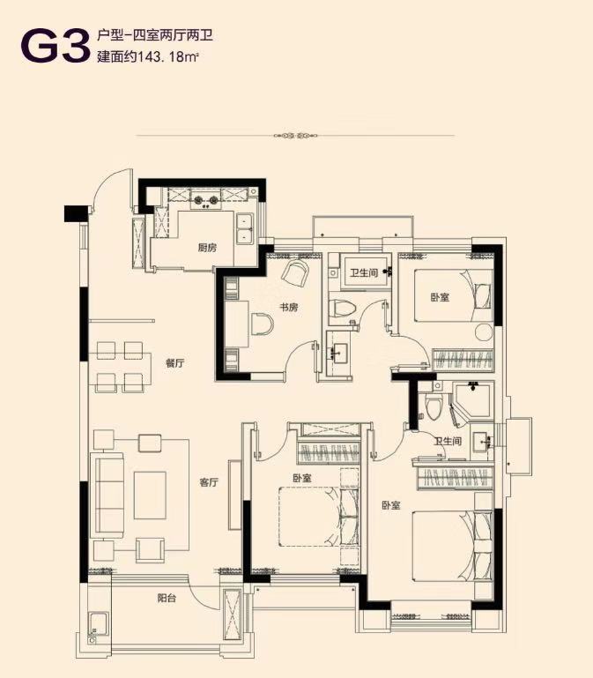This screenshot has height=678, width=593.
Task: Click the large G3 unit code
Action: coord(53,45)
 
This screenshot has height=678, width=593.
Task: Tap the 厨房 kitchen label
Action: coord(207,248)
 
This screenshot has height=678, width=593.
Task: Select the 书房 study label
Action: coord(288,308)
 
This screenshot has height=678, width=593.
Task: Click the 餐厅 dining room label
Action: coord(174,363)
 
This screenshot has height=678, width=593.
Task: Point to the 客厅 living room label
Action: coord(209,482)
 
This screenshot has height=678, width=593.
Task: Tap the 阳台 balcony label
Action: coord(167,599)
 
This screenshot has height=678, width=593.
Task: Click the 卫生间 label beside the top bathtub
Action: coord(364,272)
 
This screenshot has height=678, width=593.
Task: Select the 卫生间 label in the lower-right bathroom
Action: coord(448,442)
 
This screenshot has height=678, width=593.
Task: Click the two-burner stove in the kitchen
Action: coord(206,200)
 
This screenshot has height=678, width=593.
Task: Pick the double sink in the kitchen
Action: coord(245,228)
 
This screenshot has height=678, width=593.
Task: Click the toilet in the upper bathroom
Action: coord(342,309)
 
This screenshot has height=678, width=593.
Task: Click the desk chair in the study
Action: coord(262,324)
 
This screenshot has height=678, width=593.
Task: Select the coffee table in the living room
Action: coord(150,495)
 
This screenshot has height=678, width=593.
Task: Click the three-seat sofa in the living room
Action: coord(107,495)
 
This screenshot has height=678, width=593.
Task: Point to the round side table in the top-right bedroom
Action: coord(484,332)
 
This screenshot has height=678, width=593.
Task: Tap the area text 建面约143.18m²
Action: coord(148,56)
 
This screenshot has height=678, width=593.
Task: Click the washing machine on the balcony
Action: coord(98,623)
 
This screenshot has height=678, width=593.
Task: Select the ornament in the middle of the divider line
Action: coord(296,136)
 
